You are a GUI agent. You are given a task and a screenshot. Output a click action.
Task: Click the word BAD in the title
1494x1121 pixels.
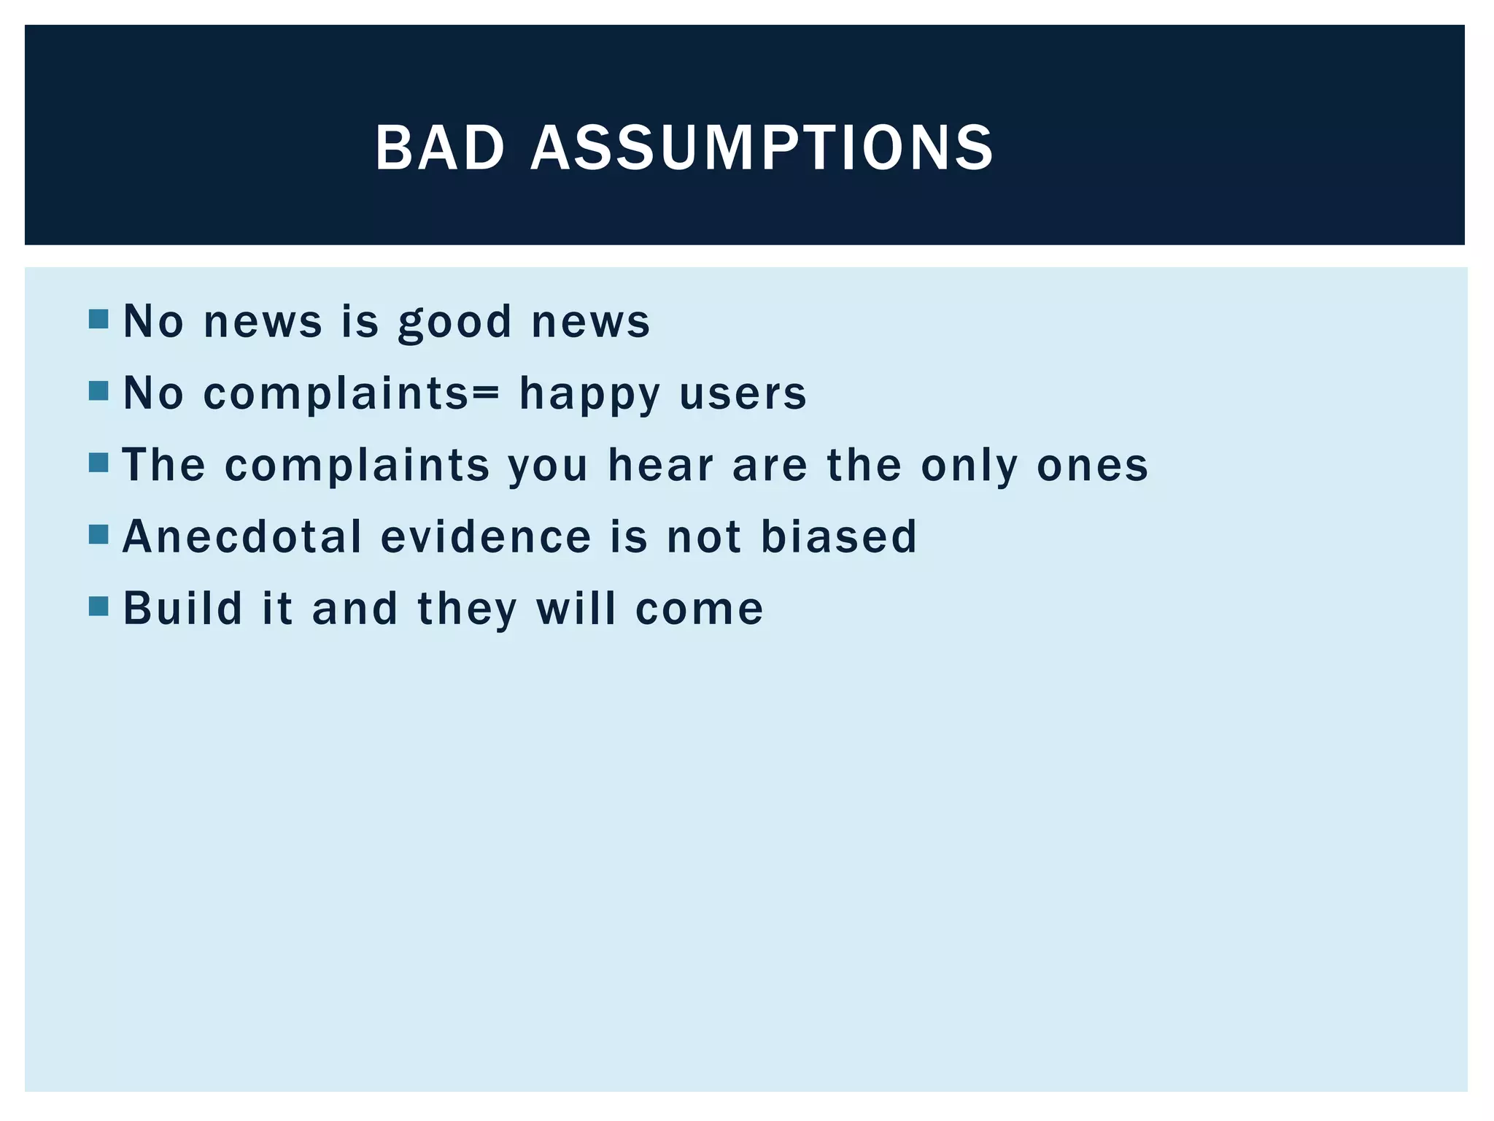coord(440,148)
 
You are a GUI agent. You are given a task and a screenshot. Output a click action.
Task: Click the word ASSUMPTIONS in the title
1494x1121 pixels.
coord(762,148)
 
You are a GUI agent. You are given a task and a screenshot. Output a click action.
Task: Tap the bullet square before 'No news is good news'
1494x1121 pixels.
coord(98,319)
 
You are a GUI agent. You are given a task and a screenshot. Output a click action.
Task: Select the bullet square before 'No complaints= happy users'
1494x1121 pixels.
coord(98,391)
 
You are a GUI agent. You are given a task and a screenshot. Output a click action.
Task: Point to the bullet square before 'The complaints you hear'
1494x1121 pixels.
coord(98,463)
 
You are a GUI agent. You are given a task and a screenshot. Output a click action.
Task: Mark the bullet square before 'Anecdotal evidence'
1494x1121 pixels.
coord(98,535)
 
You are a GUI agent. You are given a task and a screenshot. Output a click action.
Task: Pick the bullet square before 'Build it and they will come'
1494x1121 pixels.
coord(98,606)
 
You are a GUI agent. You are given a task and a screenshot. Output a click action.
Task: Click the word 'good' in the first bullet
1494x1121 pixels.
coord(455,322)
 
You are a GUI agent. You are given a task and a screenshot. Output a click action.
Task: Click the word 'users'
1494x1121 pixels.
coord(743,394)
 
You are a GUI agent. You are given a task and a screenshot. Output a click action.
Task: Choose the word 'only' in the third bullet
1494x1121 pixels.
coord(969,466)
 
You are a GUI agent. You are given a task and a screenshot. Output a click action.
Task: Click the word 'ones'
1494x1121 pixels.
coord(1092,466)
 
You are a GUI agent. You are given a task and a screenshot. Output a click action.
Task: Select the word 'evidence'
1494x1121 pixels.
coord(486,536)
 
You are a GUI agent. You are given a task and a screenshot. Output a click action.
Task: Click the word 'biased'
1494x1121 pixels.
coord(838,536)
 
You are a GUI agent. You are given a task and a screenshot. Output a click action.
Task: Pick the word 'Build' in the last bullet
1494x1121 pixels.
coord(182,608)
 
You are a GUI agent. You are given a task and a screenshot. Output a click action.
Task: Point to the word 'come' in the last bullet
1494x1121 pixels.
coord(699,609)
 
